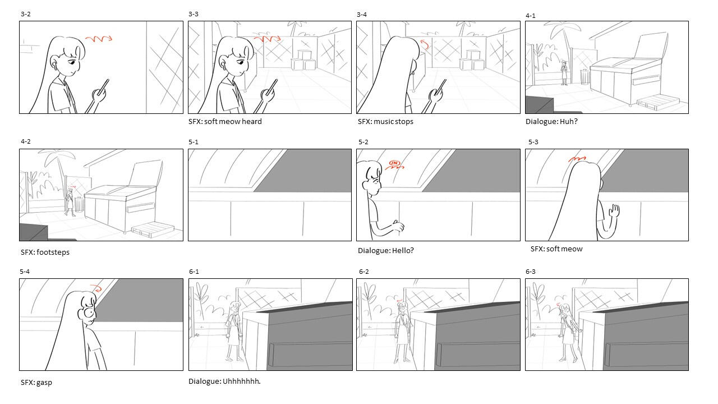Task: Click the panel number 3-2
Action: click(26, 14)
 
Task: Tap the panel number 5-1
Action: click(194, 142)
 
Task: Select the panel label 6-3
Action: click(531, 272)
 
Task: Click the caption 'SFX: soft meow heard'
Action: click(225, 122)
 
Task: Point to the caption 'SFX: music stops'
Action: click(385, 122)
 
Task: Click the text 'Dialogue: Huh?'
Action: click(551, 122)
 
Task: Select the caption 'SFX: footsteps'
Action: click(45, 252)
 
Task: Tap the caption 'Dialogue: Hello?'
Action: click(385, 250)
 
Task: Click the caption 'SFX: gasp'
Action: click(36, 382)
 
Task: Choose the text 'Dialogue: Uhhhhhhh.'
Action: click(224, 381)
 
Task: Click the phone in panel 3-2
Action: click(103, 87)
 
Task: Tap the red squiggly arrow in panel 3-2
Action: click(99, 39)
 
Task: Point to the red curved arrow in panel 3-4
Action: click(425, 44)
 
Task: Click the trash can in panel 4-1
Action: click(585, 77)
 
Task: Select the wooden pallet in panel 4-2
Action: click(153, 228)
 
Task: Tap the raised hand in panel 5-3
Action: click(615, 212)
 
